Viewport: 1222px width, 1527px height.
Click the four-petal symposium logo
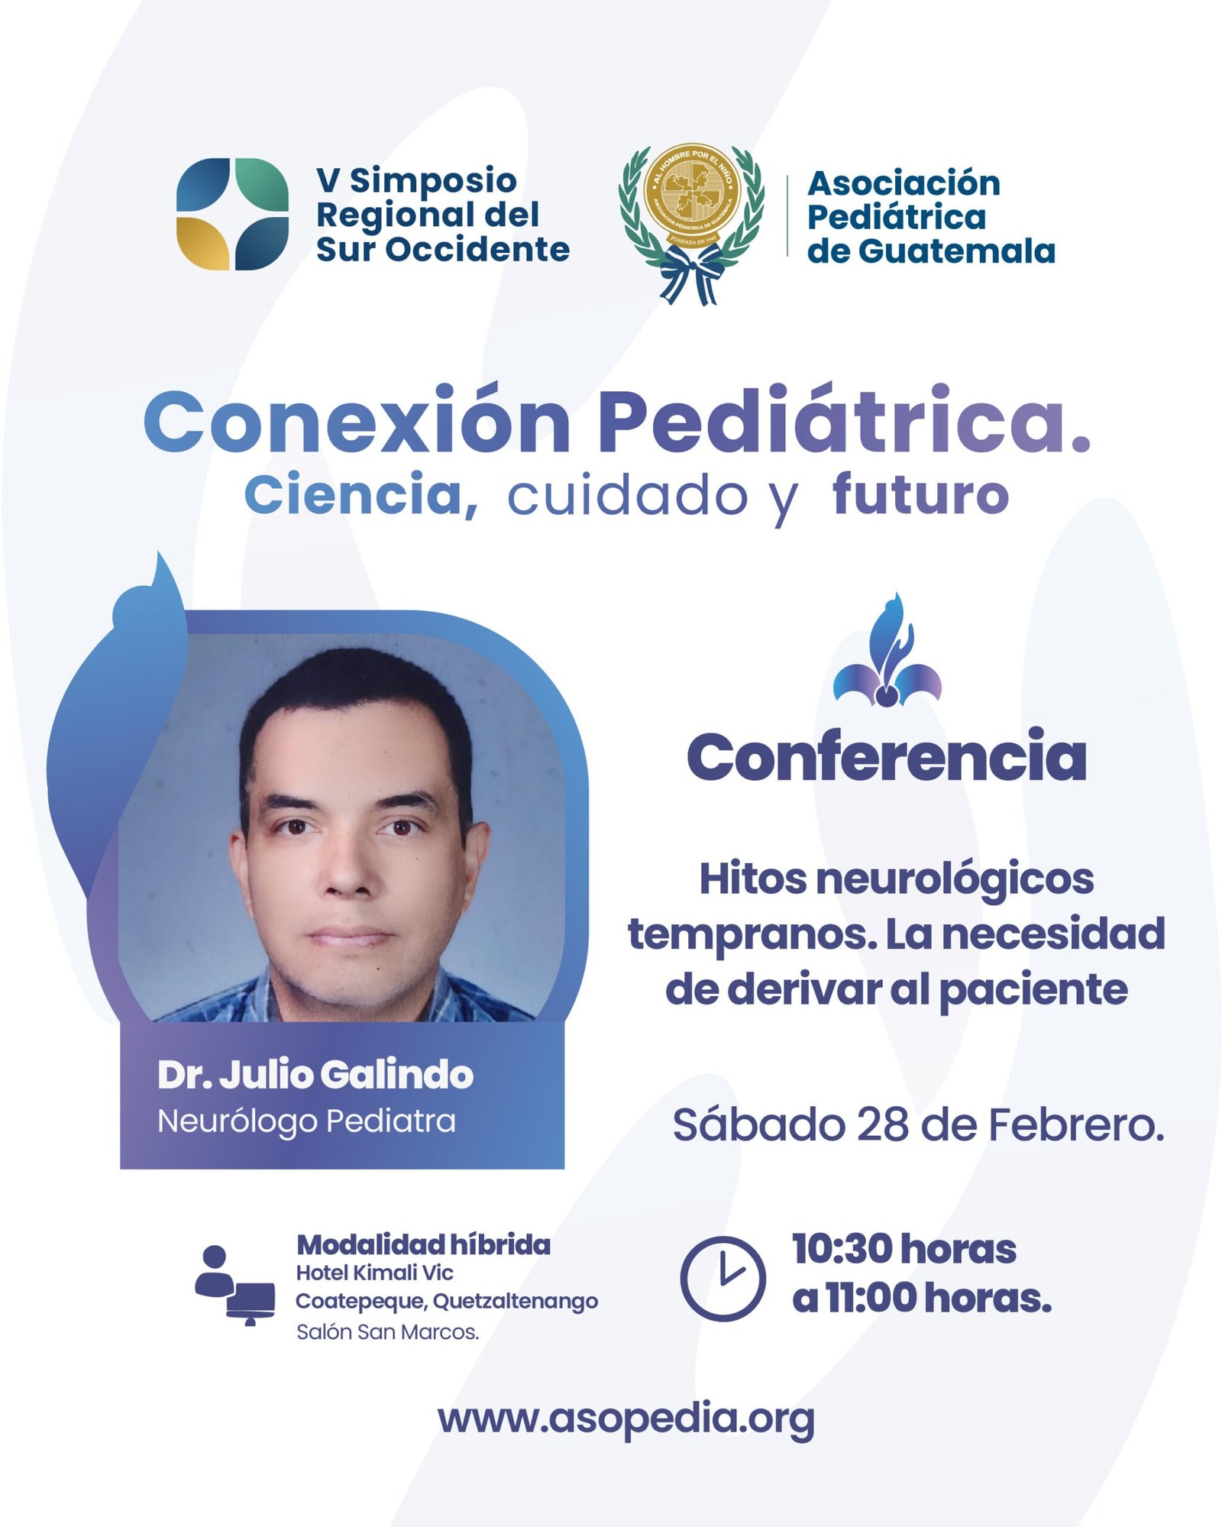click(x=232, y=214)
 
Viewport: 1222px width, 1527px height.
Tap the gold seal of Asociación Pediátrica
click(x=692, y=196)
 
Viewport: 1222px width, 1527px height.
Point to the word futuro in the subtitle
click(x=920, y=495)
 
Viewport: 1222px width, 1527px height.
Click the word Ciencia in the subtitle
click(x=360, y=496)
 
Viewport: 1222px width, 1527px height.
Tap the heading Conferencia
click(x=886, y=756)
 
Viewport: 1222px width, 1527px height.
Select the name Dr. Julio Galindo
click(x=315, y=1075)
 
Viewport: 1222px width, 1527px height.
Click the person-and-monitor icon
click(x=234, y=1285)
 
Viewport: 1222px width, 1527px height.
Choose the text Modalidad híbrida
click(x=423, y=1244)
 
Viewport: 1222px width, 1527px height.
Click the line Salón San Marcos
click(x=387, y=1332)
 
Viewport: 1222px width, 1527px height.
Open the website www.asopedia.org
click(x=626, y=1420)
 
